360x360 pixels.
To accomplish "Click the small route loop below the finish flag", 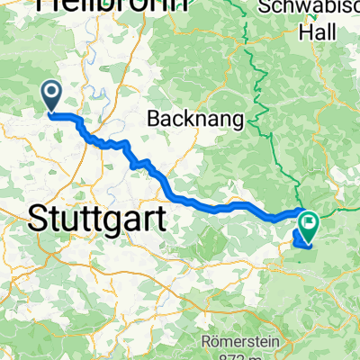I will [x=302, y=238].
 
